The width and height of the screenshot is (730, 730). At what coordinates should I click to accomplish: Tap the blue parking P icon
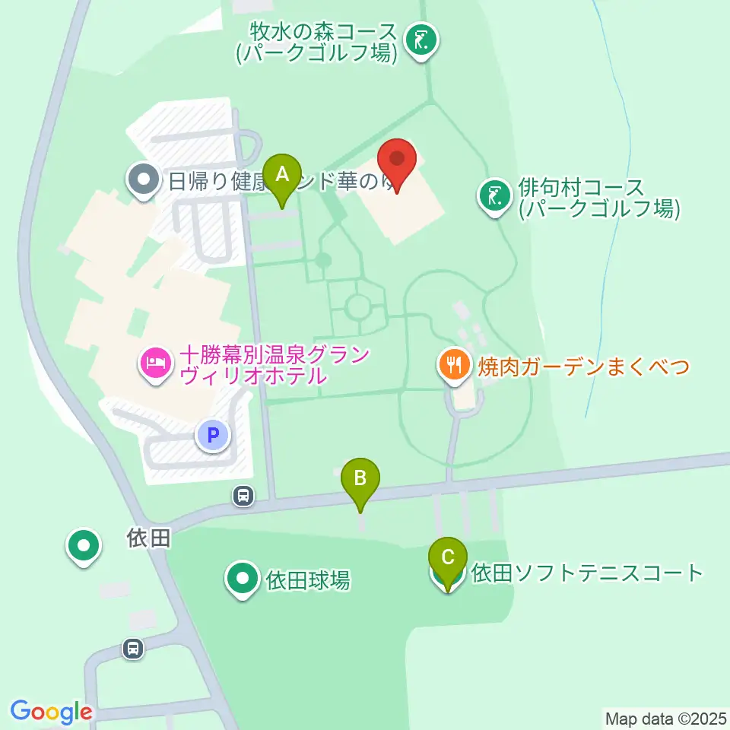(x=213, y=436)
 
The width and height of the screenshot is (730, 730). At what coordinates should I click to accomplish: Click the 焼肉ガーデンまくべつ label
(x=583, y=367)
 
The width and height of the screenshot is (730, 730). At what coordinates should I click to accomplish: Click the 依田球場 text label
(x=308, y=580)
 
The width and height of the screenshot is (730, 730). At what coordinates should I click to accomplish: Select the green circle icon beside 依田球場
(x=243, y=579)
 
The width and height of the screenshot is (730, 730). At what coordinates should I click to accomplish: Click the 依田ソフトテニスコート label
(x=587, y=573)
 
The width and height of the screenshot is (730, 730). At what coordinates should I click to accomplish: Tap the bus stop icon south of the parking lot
(x=243, y=497)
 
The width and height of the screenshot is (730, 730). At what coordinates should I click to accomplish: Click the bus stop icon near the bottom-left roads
(x=133, y=649)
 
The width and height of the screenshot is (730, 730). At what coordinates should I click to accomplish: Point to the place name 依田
(x=148, y=539)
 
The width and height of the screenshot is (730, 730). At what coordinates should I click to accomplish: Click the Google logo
(x=51, y=712)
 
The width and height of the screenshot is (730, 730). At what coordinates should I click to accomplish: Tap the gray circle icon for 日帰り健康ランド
(x=142, y=181)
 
